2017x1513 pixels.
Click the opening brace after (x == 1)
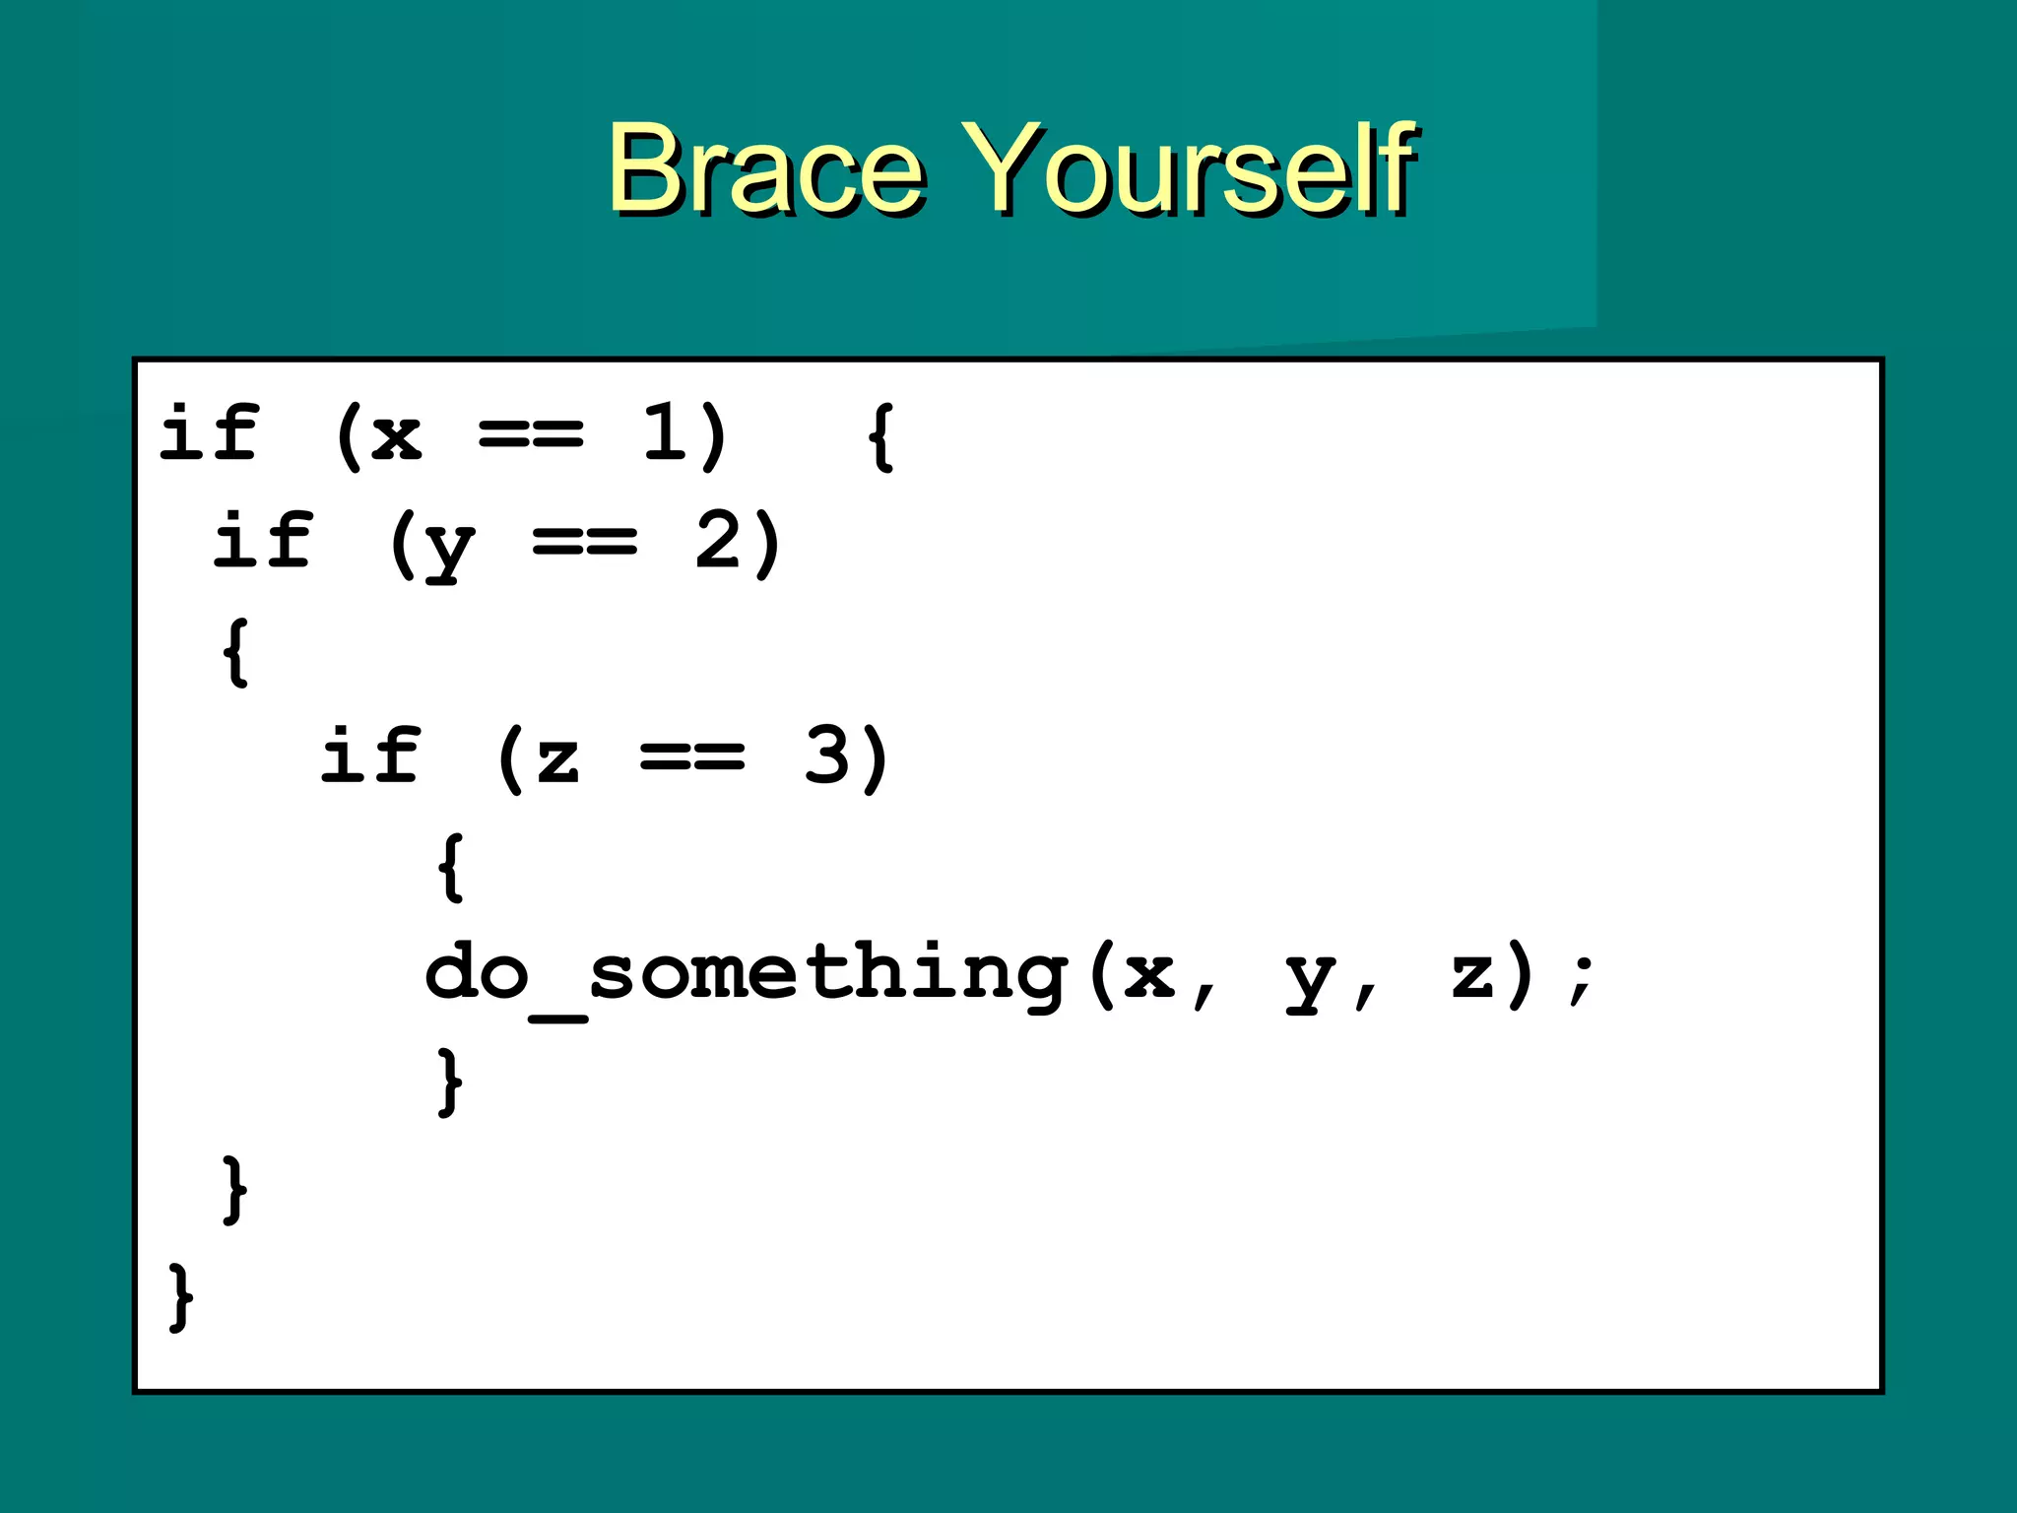880,435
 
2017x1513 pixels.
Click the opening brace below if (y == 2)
235,651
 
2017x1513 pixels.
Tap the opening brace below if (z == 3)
450,867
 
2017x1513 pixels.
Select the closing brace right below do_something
450,1082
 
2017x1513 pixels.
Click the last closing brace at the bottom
181,1297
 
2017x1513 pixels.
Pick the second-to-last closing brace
234,1190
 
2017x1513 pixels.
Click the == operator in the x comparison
531,434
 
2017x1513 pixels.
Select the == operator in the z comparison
691,757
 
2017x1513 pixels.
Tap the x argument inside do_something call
1149,975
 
